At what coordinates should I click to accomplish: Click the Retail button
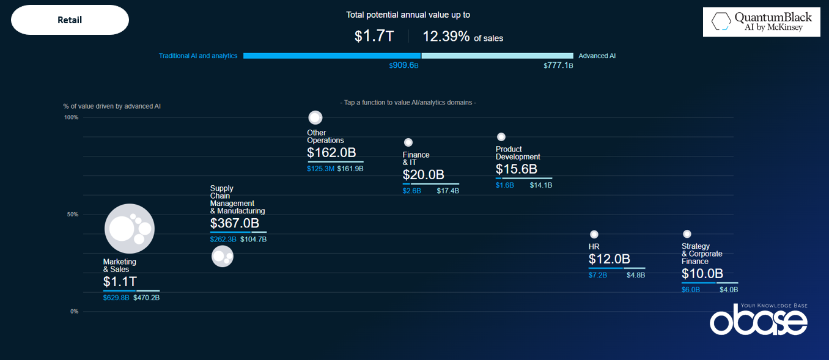[70, 20]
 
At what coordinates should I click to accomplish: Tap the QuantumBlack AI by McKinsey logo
[761, 22]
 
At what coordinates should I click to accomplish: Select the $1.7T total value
[374, 37]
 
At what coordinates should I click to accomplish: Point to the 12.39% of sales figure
[463, 37]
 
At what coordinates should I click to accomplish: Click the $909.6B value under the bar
[403, 65]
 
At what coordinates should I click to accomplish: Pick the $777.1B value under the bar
[558, 65]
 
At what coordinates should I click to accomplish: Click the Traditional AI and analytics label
[198, 56]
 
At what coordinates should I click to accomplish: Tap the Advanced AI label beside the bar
[597, 56]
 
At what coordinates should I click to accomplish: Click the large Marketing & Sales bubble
[129, 229]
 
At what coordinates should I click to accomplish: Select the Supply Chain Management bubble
[223, 256]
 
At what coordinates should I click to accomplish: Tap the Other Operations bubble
[315, 117]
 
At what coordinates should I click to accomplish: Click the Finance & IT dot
[408, 142]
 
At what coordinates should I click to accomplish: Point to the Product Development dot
[501, 137]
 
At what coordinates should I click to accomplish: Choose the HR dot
[594, 234]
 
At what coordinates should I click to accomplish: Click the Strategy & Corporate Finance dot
[687, 234]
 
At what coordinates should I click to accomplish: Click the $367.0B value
[235, 224]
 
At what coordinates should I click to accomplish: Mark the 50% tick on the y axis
[72, 215]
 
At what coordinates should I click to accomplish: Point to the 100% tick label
[71, 117]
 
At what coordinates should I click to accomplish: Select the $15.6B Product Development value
[517, 169]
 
